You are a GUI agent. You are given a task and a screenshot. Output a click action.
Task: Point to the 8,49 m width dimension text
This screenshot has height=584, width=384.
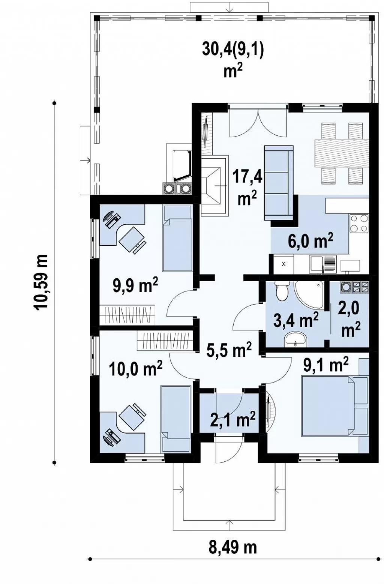tap(232, 548)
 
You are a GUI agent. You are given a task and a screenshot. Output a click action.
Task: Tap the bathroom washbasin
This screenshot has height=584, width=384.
tap(295, 339)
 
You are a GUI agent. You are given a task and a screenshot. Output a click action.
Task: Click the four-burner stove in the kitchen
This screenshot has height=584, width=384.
tap(359, 223)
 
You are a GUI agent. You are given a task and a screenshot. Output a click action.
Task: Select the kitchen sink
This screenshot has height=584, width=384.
tap(323, 264)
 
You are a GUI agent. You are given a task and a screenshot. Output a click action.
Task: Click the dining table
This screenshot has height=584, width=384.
tap(342, 153)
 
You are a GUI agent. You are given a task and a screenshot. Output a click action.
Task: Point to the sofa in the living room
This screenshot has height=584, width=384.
tap(279, 183)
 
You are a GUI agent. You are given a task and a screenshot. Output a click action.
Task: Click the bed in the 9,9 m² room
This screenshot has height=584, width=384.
tap(177, 238)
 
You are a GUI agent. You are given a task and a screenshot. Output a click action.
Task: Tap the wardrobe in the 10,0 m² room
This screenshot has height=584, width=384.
tap(165, 341)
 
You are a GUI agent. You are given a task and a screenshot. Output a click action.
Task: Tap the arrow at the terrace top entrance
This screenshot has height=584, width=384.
tap(229, 8)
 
